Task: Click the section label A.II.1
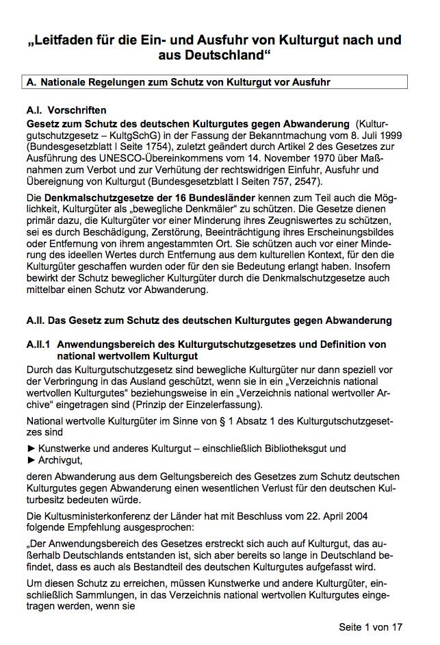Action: click(x=41, y=344)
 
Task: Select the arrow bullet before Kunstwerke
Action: click(x=30, y=448)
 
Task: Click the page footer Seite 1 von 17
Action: click(x=371, y=627)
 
